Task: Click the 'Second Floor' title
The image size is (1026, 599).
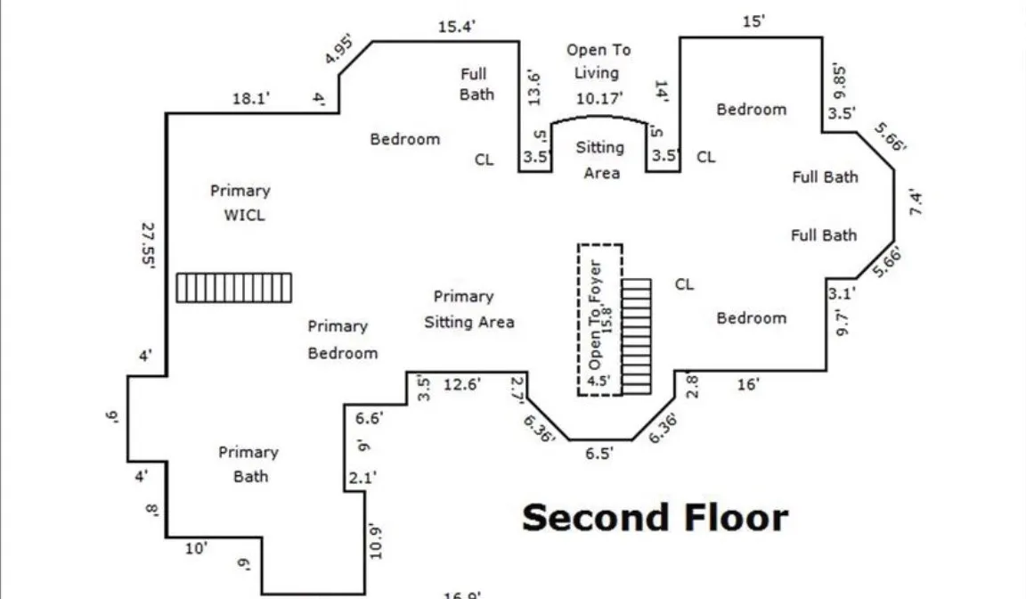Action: (655, 518)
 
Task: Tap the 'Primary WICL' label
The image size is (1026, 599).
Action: (240, 202)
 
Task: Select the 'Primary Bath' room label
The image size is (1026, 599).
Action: (248, 464)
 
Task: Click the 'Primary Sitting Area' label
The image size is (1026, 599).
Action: (468, 308)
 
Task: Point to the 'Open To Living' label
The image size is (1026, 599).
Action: (598, 62)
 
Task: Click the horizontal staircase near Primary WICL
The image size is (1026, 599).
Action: (233, 288)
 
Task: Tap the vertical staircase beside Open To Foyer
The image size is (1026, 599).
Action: (636, 335)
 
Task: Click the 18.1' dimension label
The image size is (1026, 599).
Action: (251, 99)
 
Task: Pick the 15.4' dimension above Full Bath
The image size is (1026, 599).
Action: (457, 27)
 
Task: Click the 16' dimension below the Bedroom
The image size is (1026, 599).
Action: (748, 384)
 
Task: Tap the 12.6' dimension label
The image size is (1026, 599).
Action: (462, 384)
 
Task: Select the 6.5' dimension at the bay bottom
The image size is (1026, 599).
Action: (598, 454)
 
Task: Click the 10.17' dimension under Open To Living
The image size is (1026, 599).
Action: (598, 96)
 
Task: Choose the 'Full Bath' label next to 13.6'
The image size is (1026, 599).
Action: (476, 84)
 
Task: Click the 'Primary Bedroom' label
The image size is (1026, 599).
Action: (342, 340)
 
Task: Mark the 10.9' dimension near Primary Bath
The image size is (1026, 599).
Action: (376, 541)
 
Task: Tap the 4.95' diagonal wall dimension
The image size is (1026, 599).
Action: (340, 50)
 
